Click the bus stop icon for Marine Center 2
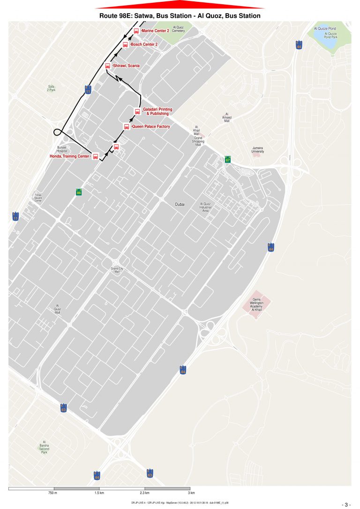pos(136,31)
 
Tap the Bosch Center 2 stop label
pos(144,45)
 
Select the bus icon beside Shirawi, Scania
pos(107,66)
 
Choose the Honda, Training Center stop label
pos(69,156)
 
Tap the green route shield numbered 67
pos(228,159)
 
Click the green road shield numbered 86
pos(79,192)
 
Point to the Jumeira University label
pos(257,150)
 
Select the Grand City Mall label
pos(115,270)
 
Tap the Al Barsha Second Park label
pos(44,447)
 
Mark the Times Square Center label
pos(38,198)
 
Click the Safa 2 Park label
pos(52,88)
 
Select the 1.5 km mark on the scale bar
pos(99,493)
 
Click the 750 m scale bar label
pos(52,493)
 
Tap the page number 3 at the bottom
pos(346,504)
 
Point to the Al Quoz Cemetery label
pos(179,29)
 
